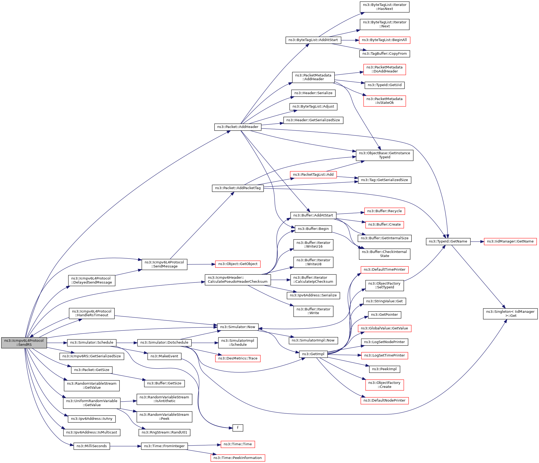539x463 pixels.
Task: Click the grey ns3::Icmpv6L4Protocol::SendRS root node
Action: (x=24, y=343)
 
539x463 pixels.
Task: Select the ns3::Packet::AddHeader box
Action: (x=238, y=127)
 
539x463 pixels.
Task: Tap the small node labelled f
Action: (x=238, y=428)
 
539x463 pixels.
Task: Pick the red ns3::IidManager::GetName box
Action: (x=510, y=241)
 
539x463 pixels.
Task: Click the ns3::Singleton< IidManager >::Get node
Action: (x=510, y=314)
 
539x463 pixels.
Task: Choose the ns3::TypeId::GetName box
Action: (x=448, y=241)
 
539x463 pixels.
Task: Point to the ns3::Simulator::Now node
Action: (x=238, y=327)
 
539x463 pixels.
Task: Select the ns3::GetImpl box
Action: (x=313, y=354)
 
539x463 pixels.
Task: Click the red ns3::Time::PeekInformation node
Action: (x=238, y=458)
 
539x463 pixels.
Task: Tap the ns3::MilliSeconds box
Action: (x=92, y=446)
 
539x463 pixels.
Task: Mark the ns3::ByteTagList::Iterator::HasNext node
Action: (x=384, y=7)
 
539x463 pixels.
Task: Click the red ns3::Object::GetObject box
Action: (x=238, y=264)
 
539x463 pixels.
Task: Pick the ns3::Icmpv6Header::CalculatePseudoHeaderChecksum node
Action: (x=238, y=280)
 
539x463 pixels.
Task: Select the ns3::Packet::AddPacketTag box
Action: (x=238, y=188)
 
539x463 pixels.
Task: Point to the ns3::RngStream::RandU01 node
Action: (x=164, y=432)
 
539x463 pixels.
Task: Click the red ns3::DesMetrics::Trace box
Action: (x=238, y=358)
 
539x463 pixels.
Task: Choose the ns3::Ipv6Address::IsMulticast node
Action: (x=92, y=432)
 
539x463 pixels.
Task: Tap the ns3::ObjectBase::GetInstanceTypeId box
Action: (x=384, y=155)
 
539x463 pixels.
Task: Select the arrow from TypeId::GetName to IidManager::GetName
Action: (x=477, y=242)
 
